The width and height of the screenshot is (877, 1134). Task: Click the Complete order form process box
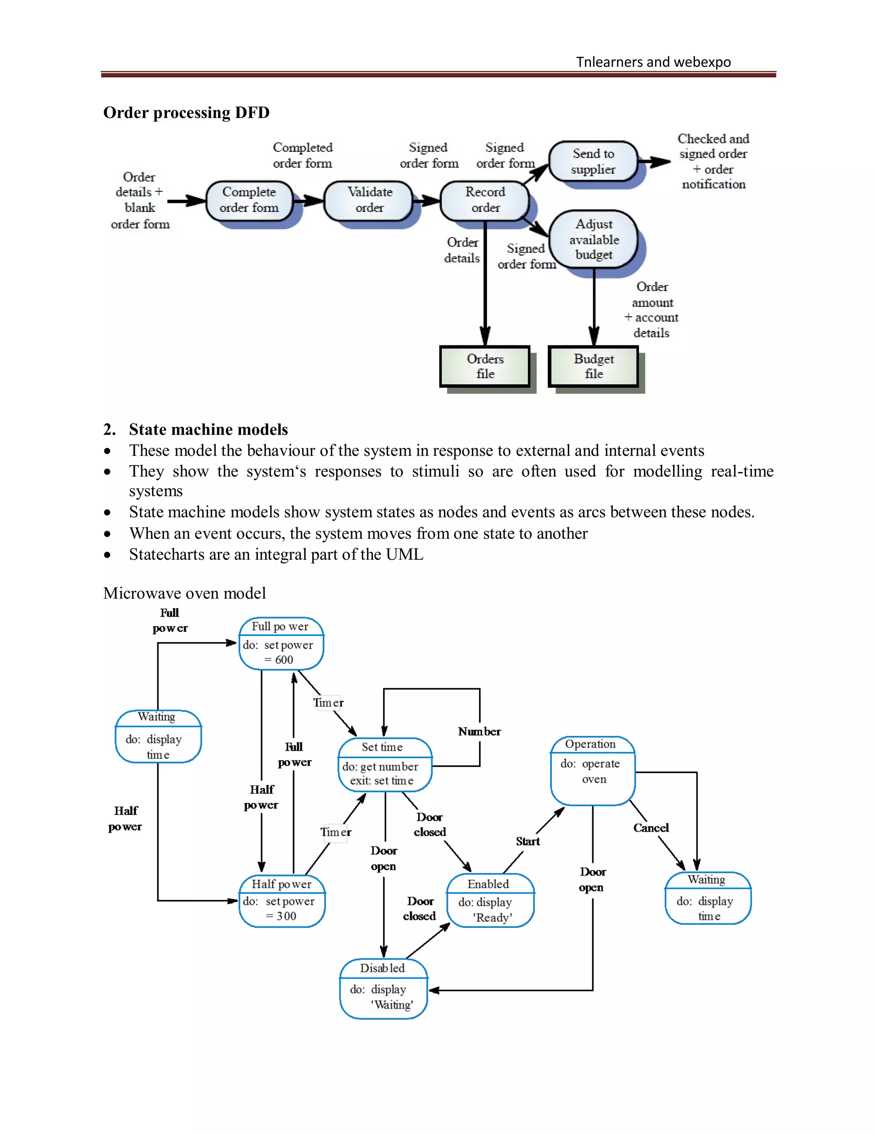coord(249,200)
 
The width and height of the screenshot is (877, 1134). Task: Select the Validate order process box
coord(368,200)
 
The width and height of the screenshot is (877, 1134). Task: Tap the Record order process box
coord(484,200)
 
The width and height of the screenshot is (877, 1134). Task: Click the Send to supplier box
coord(593,161)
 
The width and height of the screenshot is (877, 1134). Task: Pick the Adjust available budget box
coord(594,239)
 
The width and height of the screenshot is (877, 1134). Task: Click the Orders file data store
coord(485,367)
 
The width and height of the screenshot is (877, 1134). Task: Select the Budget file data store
coord(594,367)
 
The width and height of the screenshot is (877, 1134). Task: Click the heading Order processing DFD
coord(186,113)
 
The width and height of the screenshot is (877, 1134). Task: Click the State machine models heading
coord(208,429)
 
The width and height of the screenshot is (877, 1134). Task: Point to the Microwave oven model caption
coord(185,593)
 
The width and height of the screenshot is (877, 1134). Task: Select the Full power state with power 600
coord(281,644)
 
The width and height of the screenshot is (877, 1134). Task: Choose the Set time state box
coord(385,765)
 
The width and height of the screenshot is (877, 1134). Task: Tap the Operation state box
coord(593,770)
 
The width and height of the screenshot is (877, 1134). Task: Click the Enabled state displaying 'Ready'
coord(490,901)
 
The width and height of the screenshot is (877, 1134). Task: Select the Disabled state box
coord(383,988)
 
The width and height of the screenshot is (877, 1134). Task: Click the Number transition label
coord(479,732)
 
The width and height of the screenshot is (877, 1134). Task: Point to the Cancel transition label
coord(650,828)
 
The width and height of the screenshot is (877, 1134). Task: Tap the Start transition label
coord(527,842)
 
